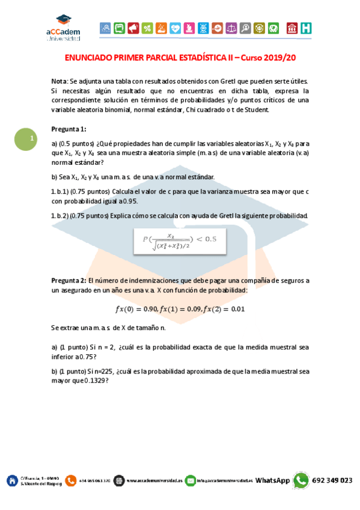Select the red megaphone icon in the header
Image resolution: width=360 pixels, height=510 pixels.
tap(133, 28)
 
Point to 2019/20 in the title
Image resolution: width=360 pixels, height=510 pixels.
tap(278, 58)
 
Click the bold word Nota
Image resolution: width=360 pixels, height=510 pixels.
tap(59, 81)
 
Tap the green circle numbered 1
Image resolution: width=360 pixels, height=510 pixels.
tap(25, 140)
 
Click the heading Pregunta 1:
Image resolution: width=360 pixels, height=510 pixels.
tap(69, 129)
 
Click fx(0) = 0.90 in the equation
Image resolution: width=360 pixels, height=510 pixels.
tap(135, 309)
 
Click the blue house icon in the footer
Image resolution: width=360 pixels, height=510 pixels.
tap(11, 481)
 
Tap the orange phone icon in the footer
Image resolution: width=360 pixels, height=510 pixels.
tap(71, 481)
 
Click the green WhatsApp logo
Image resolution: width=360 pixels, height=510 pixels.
tap(301, 480)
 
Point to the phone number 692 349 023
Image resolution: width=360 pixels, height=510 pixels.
tap(332, 481)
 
